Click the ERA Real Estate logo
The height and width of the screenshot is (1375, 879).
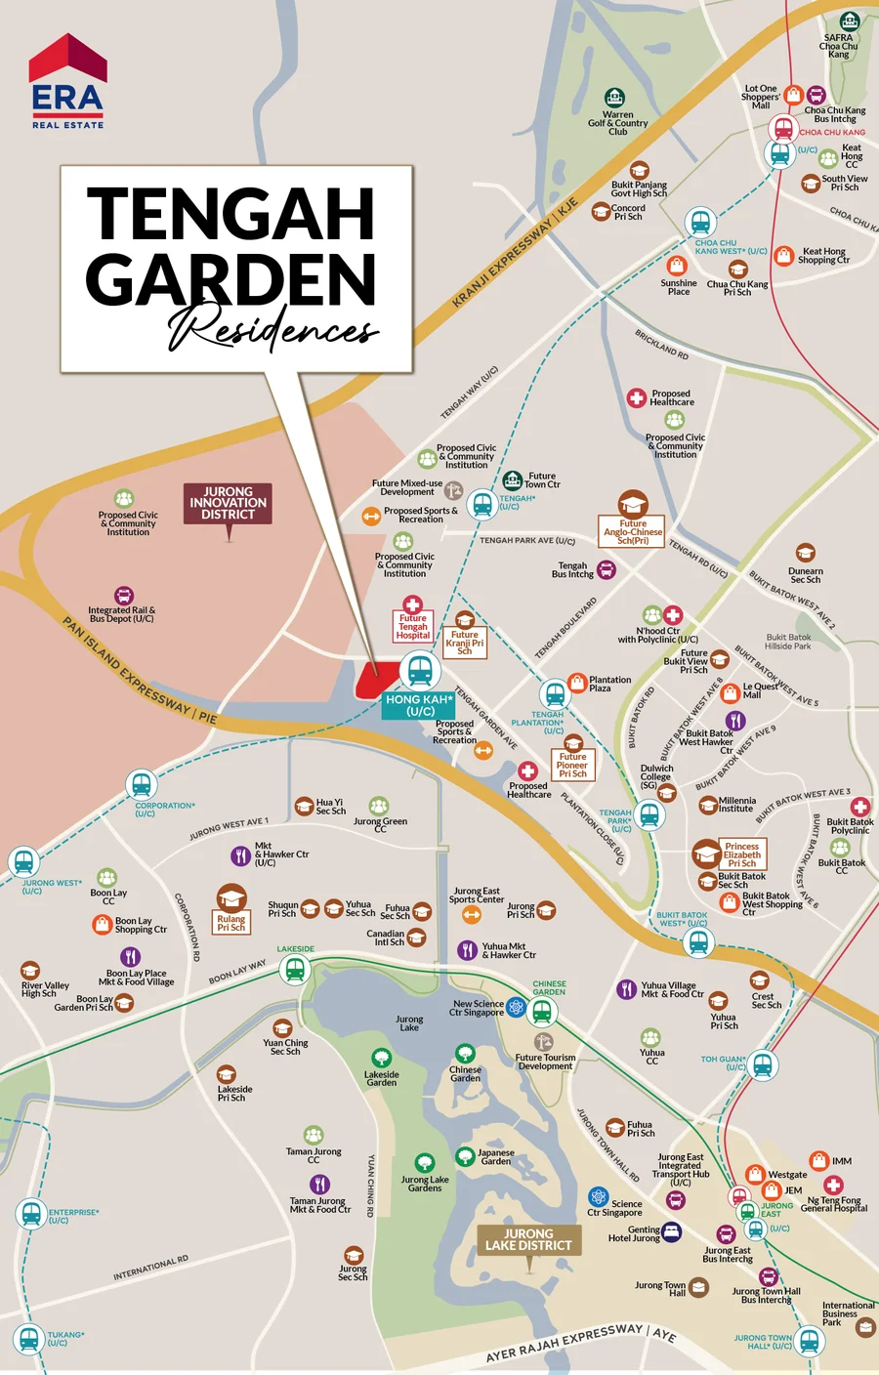point(67,82)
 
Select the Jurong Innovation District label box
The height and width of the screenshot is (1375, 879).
point(229,503)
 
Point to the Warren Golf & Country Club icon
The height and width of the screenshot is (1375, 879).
point(614,98)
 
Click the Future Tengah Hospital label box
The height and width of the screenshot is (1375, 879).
point(413,626)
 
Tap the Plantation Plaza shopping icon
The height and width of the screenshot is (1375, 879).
point(576,682)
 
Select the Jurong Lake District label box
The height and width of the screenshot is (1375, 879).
point(528,1239)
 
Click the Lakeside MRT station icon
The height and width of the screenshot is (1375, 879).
point(295,970)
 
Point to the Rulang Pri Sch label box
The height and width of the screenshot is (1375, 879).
point(231,923)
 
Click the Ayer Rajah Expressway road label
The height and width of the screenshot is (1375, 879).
point(580,1343)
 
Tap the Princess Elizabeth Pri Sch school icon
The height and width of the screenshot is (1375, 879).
point(707,855)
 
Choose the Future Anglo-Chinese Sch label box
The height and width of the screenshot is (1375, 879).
point(632,531)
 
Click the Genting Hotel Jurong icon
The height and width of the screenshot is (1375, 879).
point(672,1231)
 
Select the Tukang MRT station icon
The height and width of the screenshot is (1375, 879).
point(28,1338)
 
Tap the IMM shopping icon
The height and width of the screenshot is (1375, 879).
point(818,1160)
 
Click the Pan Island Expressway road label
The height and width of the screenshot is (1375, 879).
point(140,671)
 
